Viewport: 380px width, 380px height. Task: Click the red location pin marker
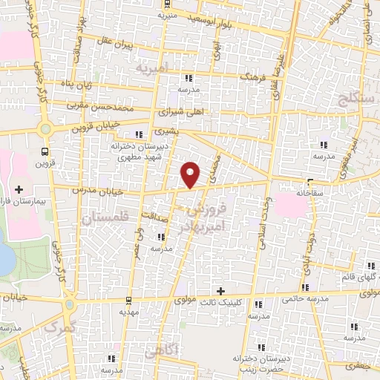(191, 174)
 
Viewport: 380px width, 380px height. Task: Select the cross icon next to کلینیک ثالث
(219, 289)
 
